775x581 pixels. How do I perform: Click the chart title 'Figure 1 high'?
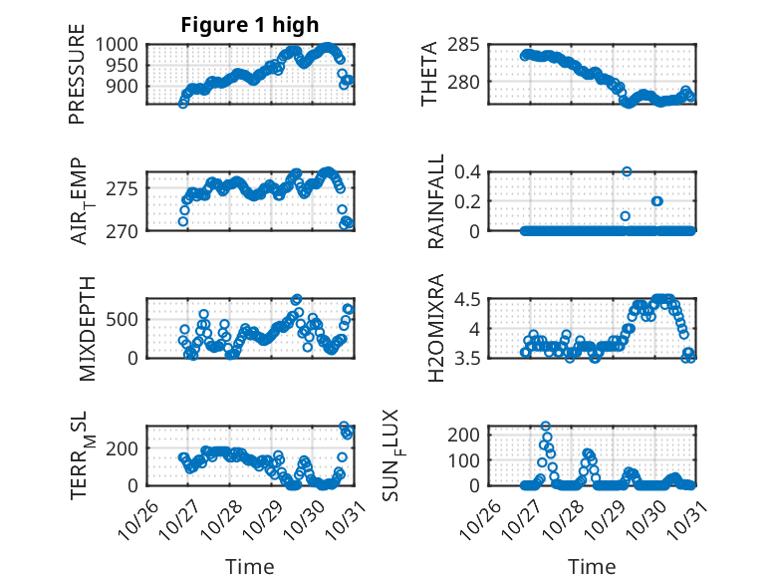point(249,24)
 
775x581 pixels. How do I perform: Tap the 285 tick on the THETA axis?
point(466,45)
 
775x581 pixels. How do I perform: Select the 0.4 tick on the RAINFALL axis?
point(468,171)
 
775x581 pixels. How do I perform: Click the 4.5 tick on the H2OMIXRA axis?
point(468,299)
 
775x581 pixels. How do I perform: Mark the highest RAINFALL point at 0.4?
point(627,171)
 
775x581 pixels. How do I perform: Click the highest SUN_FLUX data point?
point(545,427)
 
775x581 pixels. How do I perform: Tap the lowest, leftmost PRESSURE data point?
point(183,103)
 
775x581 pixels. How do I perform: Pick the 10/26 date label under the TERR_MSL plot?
point(135,516)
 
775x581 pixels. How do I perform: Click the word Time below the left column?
point(249,566)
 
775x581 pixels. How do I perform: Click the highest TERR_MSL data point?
point(345,427)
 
